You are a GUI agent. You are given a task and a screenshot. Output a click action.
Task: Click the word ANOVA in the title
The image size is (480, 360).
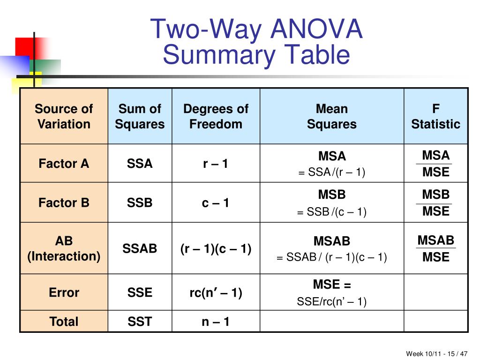[316, 29]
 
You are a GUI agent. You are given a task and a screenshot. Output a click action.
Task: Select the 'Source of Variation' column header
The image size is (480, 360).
[64, 116]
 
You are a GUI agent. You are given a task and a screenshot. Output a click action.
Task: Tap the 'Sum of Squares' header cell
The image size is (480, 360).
[140, 116]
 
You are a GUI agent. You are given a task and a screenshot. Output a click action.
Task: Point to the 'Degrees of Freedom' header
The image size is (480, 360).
[216, 116]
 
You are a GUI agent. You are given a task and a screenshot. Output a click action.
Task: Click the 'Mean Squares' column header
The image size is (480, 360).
[331, 116]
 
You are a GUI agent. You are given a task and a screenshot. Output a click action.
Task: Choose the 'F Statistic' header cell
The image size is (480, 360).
[435, 116]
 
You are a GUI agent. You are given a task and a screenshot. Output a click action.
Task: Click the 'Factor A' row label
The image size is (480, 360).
[64, 164]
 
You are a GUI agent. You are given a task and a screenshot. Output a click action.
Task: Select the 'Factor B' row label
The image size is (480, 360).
[64, 202]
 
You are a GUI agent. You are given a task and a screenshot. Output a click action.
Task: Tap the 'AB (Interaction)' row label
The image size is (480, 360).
[64, 248]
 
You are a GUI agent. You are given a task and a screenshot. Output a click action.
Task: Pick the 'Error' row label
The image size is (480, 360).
[64, 292]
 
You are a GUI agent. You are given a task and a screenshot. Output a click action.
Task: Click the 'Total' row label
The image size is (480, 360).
[64, 322]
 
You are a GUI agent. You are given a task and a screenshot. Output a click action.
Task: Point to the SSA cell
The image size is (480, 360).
[140, 164]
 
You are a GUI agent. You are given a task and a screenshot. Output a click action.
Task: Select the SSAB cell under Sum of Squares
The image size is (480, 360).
[140, 248]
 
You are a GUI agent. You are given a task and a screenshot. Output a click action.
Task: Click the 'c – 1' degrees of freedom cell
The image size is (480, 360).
[216, 202]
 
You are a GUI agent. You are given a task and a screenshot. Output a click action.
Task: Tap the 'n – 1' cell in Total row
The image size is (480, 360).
[216, 322]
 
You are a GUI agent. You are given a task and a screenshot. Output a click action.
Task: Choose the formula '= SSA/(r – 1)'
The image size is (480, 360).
[331, 172]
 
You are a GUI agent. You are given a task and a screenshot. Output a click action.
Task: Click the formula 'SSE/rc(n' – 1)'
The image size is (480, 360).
[331, 302]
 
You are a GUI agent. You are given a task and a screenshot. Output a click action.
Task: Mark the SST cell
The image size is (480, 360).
[140, 322]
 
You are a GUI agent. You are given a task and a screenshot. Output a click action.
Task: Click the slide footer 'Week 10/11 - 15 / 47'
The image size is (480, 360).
[436, 353]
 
